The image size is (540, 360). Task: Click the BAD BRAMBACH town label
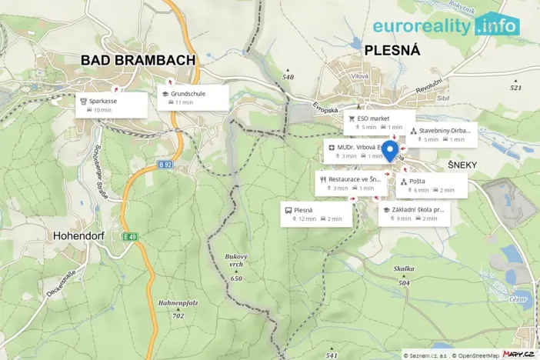click(x=138, y=61)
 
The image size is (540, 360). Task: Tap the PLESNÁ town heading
click(x=392, y=51)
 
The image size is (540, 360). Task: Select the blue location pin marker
click(x=389, y=151)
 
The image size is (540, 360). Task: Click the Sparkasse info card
click(x=112, y=105)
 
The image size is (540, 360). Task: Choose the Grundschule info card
click(x=193, y=97)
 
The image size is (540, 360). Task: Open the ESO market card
click(x=375, y=122)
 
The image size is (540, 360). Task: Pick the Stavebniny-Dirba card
click(x=442, y=135)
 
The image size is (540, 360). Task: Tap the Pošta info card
click(x=431, y=185)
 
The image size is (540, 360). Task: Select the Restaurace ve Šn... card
click(x=352, y=183)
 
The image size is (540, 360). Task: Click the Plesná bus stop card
click(x=316, y=214)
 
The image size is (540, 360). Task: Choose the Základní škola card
click(x=414, y=213)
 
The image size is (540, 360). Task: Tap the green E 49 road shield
click(x=128, y=236)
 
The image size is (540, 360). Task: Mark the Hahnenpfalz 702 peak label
click(x=178, y=308)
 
